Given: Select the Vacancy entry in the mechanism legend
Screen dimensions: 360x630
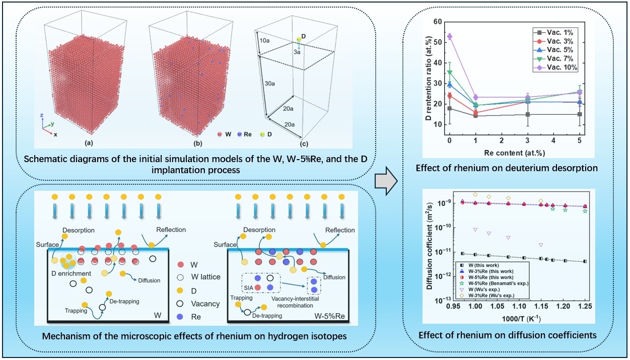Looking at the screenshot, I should [202, 304].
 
